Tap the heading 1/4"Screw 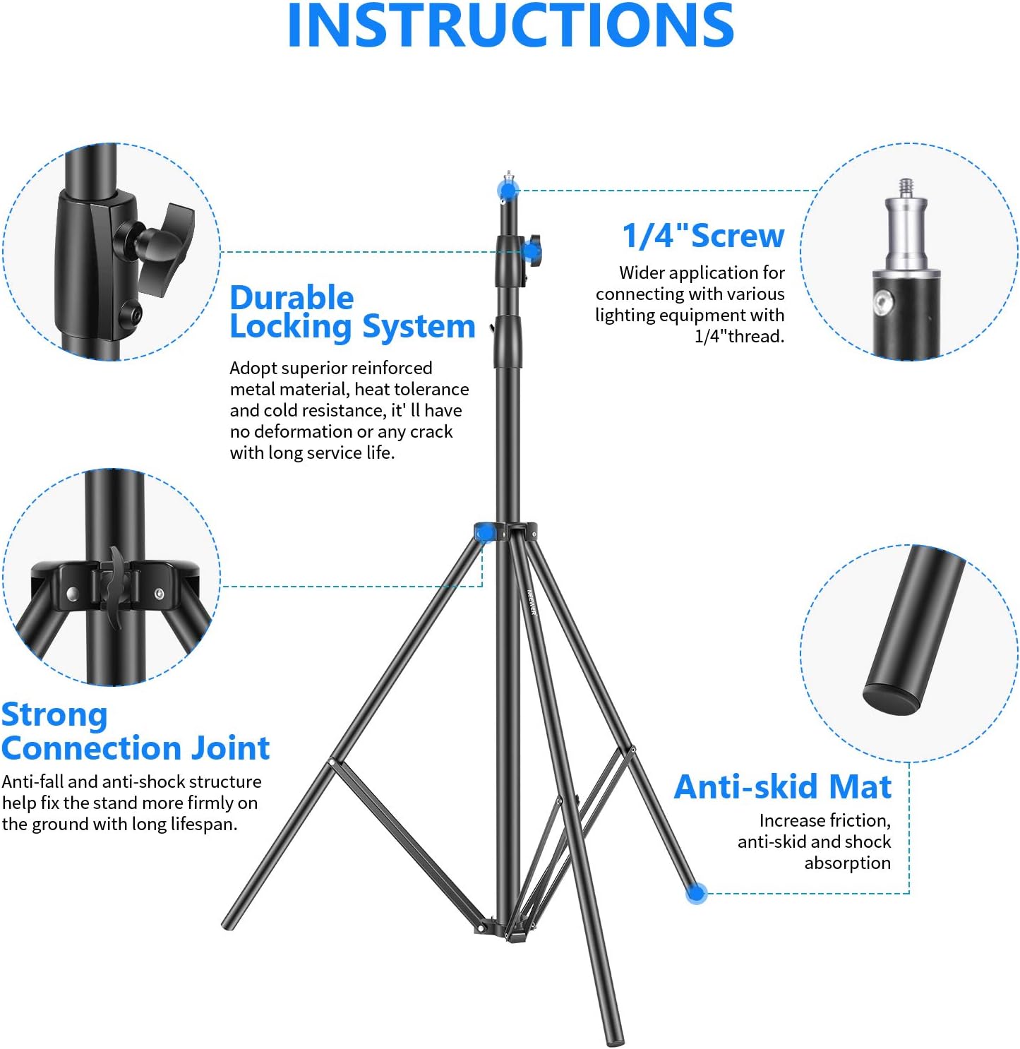click(x=703, y=236)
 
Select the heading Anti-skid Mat click(x=782, y=786)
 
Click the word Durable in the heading click(x=292, y=298)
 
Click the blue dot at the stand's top click(x=508, y=190)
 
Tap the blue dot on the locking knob click(x=532, y=252)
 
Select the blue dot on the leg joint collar click(x=485, y=534)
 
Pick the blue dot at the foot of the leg click(x=696, y=893)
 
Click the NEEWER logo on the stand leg click(x=532, y=601)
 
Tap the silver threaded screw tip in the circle click(x=905, y=188)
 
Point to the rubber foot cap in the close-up click(x=890, y=699)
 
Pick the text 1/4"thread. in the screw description click(x=739, y=336)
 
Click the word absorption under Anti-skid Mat click(x=848, y=863)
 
